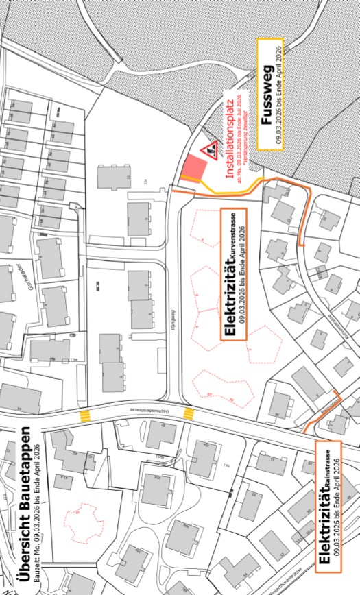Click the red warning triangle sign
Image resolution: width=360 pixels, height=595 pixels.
pyautogui.click(x=208, y=149)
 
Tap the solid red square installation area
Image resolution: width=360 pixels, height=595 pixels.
pyautogui.click(x=195, y=169)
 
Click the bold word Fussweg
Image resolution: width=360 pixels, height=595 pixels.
pyautogui.click(x=267, y=95)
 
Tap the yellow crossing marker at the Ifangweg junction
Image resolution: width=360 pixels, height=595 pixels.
pyautogui.click(x=189, y=413)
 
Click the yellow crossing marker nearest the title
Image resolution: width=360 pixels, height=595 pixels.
pyautogui.click(x=86, y=415)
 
